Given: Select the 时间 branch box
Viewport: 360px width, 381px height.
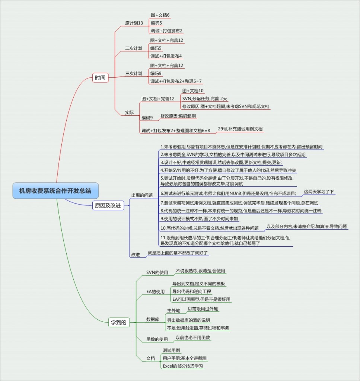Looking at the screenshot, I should (x=100, y=78).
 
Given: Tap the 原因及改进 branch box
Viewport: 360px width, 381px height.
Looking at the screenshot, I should (x=108, y=205).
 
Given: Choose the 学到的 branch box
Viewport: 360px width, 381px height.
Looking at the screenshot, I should (x=119, y=322).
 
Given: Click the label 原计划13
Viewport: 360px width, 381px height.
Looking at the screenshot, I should (x=134, y=23).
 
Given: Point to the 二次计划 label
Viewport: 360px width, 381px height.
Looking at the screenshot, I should (x=133, y=48).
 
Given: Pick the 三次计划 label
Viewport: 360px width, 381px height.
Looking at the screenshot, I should (x=133, y=73).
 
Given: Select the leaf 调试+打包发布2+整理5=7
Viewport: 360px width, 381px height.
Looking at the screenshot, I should (x=176, y=81).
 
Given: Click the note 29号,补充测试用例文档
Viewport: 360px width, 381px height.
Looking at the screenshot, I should (x=240, y=129).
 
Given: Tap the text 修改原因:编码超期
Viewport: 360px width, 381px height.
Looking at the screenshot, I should (x=178, y=116).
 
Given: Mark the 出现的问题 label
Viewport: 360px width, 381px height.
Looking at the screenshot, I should (x=142, y=195).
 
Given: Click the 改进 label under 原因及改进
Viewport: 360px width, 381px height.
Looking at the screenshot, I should (x=135, y=255).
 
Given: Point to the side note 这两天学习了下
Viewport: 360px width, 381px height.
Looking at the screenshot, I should (x=319, y=192).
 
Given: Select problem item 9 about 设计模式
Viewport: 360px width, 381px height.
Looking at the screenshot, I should (x=199, y=219).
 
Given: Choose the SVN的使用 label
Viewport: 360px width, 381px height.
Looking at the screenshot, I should (x=157, y=273).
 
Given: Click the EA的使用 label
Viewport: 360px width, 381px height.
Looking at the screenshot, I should (x=155, y=292).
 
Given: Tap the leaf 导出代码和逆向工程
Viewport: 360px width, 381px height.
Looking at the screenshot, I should (x=191, y=291).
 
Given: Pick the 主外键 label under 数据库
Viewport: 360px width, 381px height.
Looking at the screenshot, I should (x=173, y=310).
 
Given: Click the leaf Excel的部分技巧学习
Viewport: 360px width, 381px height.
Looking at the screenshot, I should (x=183, y=366).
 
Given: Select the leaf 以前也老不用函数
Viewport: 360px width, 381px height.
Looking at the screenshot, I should (x=193, y=338).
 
